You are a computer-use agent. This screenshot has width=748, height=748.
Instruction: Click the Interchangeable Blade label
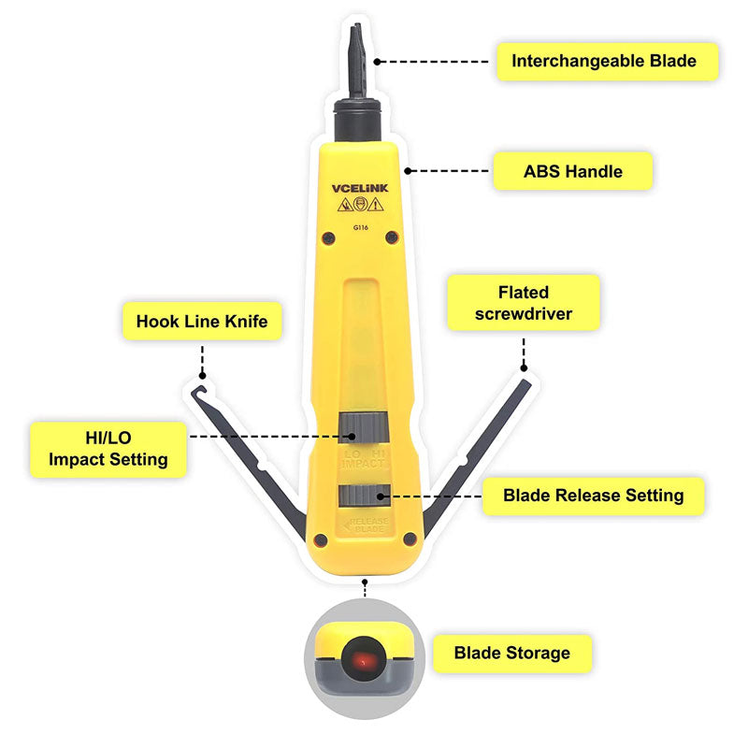click(x=604, y=62)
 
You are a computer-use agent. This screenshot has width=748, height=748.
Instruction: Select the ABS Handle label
click(x=572, y=171)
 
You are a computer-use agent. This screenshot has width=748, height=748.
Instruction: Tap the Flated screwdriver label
click(x=523, y=303)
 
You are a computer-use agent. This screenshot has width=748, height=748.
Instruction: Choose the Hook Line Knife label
click(x=202, y=322)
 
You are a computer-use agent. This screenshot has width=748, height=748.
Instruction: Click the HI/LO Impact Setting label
click(x=108, y=446)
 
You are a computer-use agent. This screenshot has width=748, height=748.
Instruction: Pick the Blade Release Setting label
click(x=593, y=495)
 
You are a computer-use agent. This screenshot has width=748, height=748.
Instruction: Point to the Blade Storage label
click(x=511, y=652)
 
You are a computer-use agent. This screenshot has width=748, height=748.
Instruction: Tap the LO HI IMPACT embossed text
click(x=362, y=457)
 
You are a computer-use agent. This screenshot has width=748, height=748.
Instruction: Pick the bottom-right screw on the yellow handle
click(x=410, y=539)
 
